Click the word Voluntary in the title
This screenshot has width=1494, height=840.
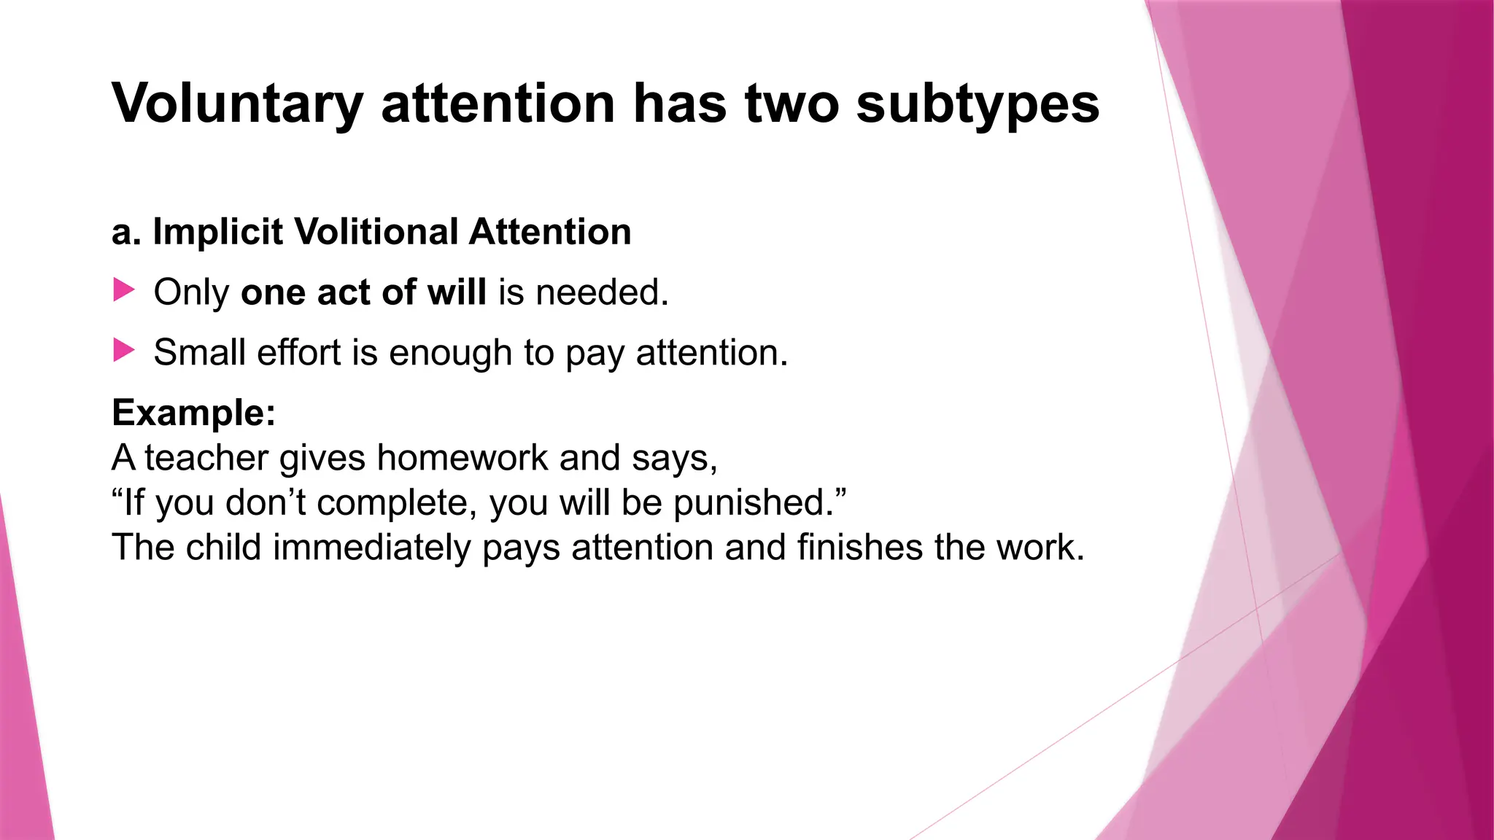(237, 104)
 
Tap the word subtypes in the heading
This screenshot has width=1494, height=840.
(978, 104)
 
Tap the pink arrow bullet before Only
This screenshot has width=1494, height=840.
(124, 290)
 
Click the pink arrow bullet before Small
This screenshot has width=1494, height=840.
(124, 351)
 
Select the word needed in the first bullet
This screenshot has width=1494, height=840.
(601, 292)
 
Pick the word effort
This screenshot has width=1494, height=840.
(298, 353)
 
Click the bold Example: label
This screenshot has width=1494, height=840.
(194, 413)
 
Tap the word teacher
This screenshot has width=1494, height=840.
(206, 458)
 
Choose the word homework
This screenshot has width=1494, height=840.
(462, 458)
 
